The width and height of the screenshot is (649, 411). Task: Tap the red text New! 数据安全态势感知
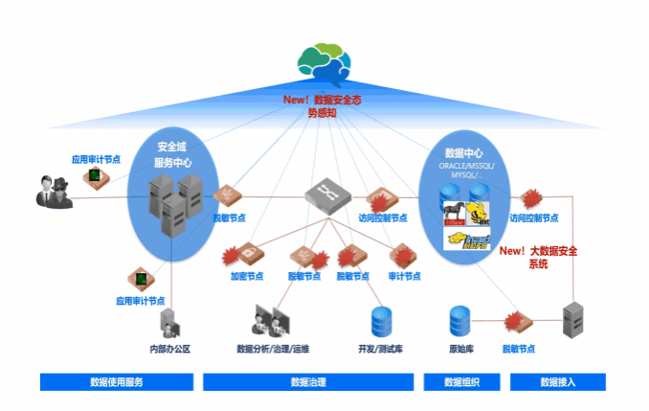tap(322, 105)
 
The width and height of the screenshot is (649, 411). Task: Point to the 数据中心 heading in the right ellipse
tap(463, 152)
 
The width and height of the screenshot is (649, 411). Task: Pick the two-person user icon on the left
tap(55, 192)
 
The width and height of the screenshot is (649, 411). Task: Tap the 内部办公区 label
tap(169, 349)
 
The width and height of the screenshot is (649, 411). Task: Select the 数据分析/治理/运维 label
tap(273, 349)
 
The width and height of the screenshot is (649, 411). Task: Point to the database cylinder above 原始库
tap(460, 320)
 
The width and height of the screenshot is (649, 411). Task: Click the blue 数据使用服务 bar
tap(117, 382)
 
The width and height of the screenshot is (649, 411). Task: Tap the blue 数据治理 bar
tap(308, 382)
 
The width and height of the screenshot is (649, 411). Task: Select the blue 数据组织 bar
tap(461, 382)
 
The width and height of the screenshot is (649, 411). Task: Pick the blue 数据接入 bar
tap(557, 382)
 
